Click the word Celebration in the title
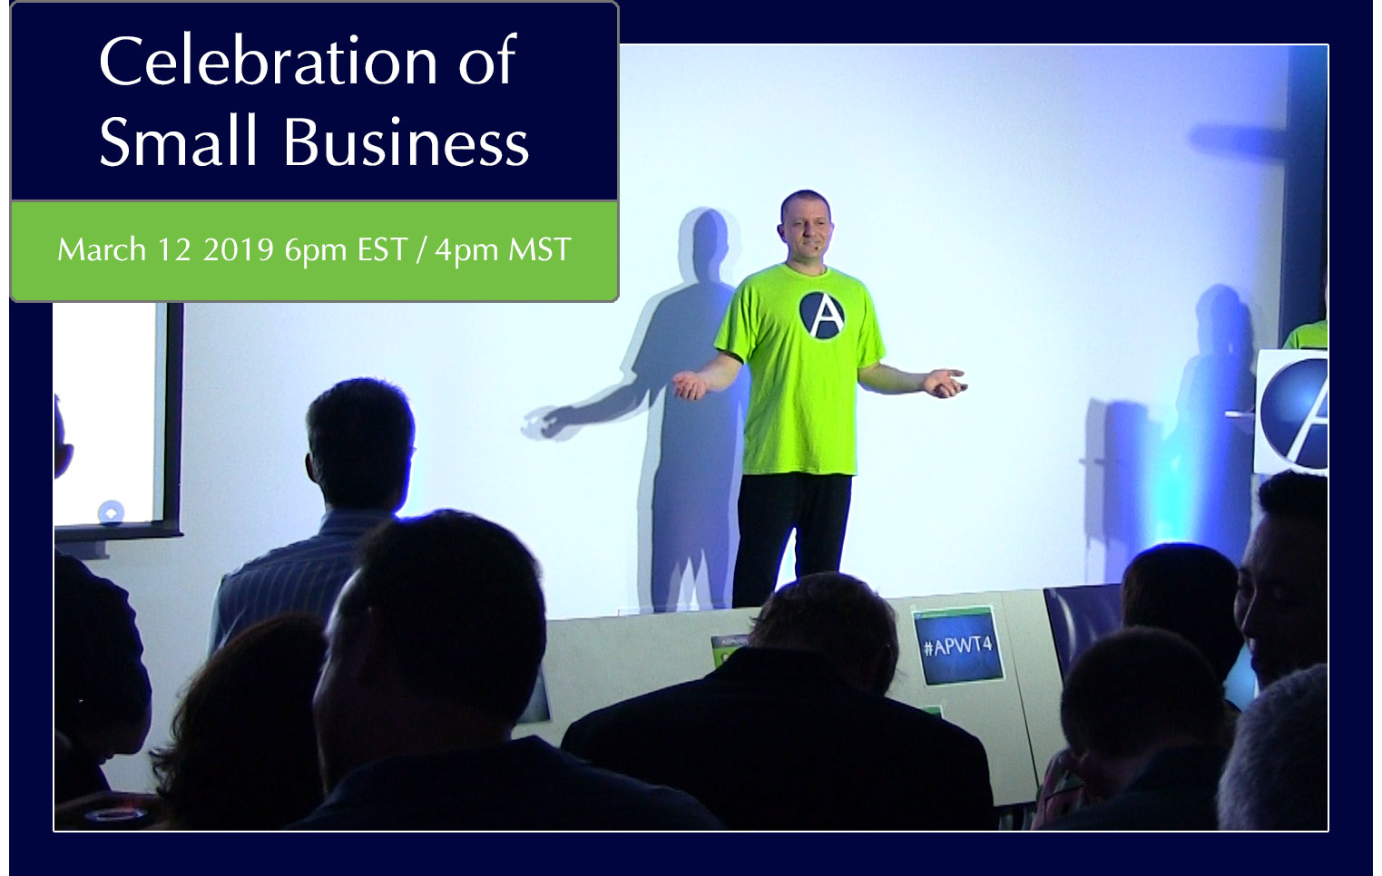point(269,61)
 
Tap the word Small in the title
point(178,141)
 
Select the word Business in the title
point(407,141)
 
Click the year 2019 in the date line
point(238,249)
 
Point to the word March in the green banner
point(102,249)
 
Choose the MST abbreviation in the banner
point(539,249)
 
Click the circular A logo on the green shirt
point(822,315)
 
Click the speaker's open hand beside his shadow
point(690,384)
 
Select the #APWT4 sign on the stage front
point(958,646)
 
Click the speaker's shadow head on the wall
point(708,243)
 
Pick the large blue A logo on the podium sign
point(1294,412)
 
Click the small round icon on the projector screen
point(111,512)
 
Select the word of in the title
point(486,61)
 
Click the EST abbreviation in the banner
point(383,249)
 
